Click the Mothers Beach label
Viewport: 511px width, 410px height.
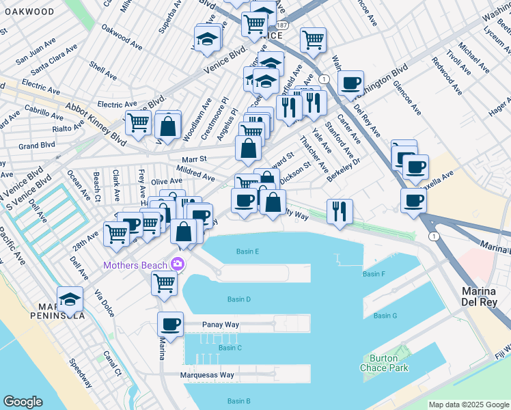(135, 264)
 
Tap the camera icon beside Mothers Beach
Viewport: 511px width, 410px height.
(178, 264)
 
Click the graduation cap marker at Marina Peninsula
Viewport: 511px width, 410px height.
(70, 299)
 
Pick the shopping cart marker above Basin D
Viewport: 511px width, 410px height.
(164, 282)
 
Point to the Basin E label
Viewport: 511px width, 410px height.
(247, 251)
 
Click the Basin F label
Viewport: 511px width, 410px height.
(374, 274)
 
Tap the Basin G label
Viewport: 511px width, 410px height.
(385, 315)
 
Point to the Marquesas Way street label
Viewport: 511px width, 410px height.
(207, 375)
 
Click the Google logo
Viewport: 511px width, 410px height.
(23, 402)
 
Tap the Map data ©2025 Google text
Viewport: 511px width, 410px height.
(468, 405)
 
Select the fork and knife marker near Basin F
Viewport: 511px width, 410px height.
(340, 211)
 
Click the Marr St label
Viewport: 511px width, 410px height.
(189, 160)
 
